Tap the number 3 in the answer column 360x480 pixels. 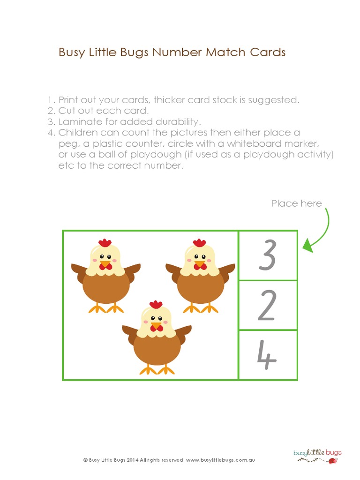267,255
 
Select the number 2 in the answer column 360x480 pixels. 267,306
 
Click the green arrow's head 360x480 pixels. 307,245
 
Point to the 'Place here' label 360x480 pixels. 296,203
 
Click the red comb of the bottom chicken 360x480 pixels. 156,305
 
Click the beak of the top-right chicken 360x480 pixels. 200,263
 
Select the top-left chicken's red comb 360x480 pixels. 105,243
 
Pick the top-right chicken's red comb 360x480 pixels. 200,243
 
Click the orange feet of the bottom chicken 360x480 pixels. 157,370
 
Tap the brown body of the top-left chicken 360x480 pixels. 106,287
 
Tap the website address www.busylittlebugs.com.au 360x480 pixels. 220,460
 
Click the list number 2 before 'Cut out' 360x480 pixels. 51,111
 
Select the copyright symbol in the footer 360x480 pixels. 85,460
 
